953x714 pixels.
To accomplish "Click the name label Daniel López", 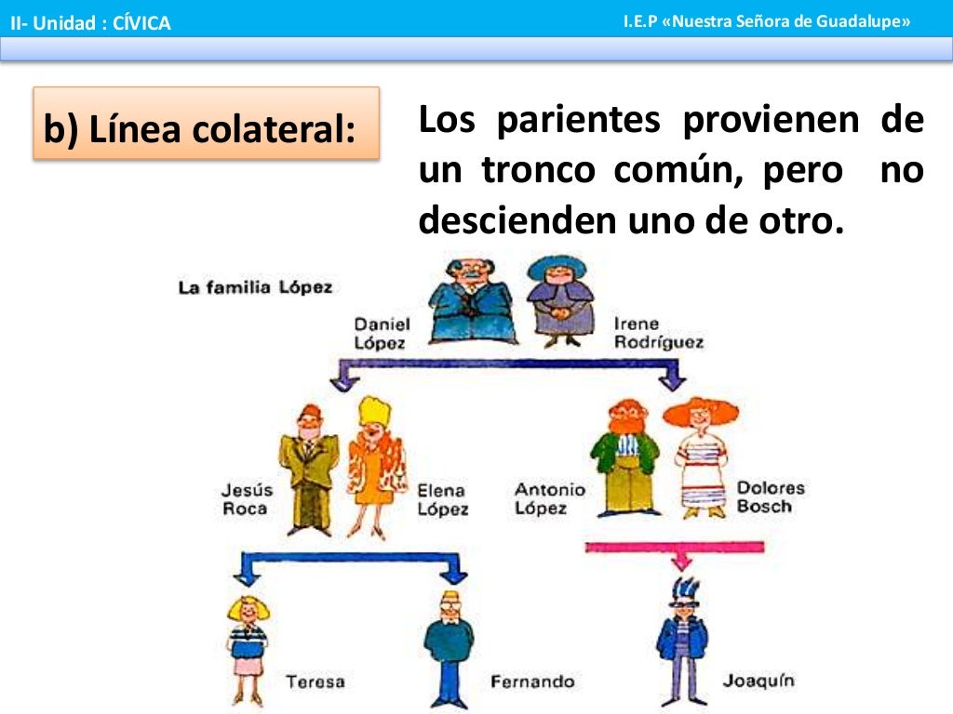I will (x=380, y=333).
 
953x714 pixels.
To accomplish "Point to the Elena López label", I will (x=442, y=499).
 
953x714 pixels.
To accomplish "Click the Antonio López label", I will (x=550, y=498).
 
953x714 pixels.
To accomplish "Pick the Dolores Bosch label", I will (x=770, y=497).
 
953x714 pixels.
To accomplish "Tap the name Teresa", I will (x=315, y=681).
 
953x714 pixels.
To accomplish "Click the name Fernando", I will (x=532, y=681).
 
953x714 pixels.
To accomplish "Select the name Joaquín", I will (x=758, y=681).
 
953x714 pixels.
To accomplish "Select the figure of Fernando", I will (x=450, y=646).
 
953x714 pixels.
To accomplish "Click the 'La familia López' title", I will (x=254, y=287).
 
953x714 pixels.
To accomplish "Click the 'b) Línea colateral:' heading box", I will (x=206, y=124).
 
